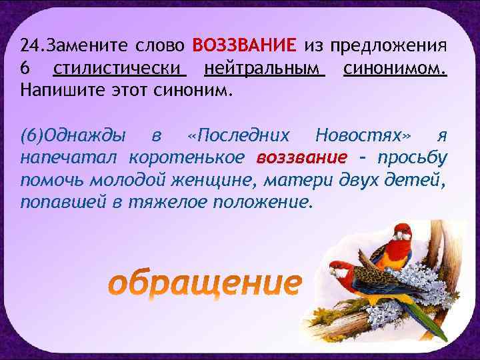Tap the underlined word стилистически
[119, 68]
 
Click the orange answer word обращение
[205, 283]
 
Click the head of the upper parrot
[401, 232]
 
